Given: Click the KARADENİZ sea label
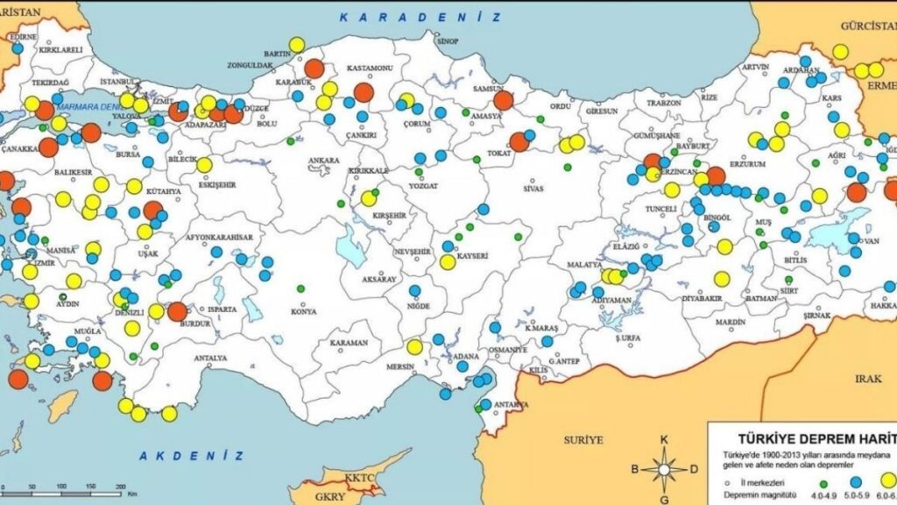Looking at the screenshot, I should [x=420, y=17].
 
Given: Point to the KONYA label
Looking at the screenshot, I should [x=304, y=311].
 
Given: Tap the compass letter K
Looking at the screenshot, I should [x=664, y=440].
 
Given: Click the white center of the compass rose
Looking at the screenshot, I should [x=664, y=469].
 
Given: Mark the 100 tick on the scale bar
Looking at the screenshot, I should [x=91, y=486].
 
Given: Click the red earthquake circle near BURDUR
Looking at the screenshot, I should [x=177, y=312].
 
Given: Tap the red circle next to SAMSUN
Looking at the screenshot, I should [x=503, y=100].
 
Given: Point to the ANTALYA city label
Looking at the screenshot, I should [x=210, y=358].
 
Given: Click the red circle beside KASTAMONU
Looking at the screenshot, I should [x=364, y=93].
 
